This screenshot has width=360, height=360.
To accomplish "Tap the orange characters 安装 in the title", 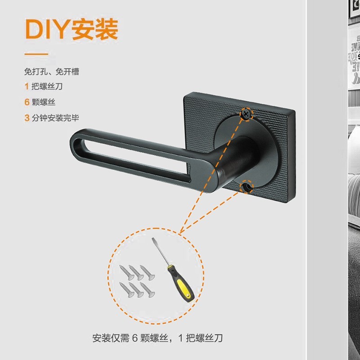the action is (95, 29).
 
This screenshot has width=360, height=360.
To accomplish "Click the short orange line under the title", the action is (36, 54).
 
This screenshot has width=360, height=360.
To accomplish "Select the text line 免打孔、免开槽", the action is (52, 72).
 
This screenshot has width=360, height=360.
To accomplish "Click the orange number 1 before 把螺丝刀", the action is (27, 86).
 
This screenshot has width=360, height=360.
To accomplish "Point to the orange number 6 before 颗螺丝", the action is (27, 102).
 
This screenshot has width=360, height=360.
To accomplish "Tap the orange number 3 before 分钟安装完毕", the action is (27, 118).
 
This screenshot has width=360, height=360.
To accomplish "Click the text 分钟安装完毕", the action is (55, 118).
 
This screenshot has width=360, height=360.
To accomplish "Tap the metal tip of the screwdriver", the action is (153, 239).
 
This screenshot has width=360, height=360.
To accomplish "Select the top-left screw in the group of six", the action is (127, 273).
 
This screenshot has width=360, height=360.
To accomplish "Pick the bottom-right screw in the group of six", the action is (148, 290).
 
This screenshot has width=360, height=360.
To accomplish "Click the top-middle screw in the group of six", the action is (136, 273).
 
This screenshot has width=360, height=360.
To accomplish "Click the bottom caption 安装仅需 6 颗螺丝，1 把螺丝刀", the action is (157, 338).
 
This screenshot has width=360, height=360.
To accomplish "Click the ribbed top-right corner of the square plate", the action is (290, 115).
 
